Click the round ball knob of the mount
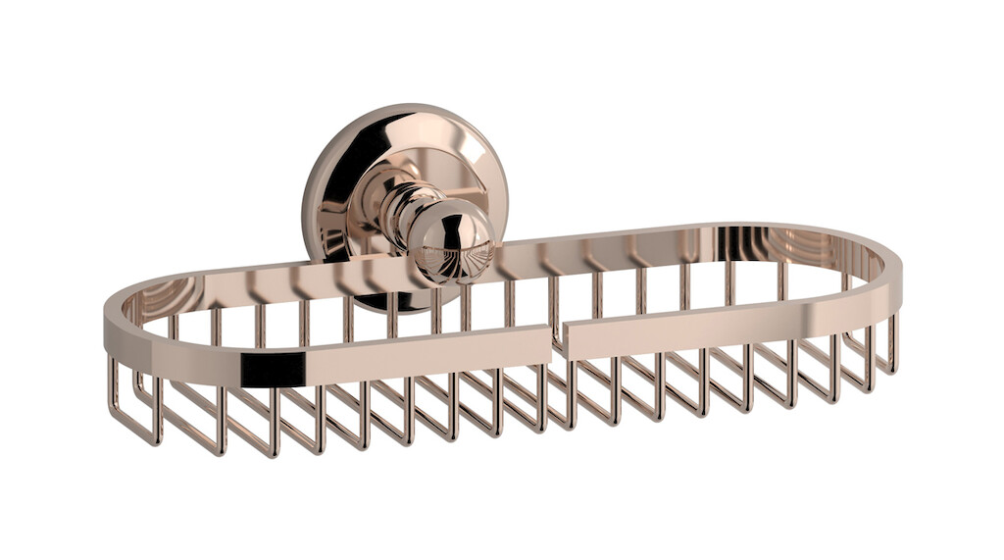click(x=451, y=240)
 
